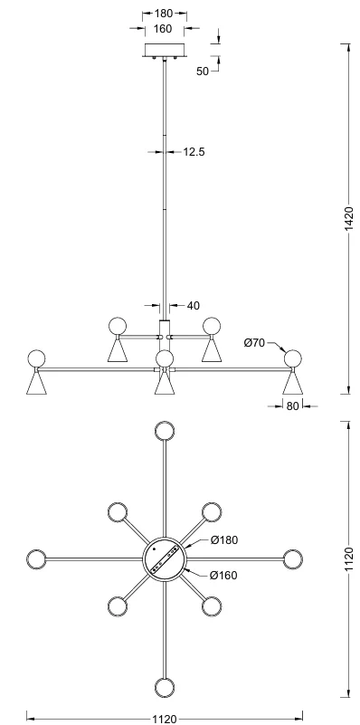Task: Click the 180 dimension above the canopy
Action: (164, 14)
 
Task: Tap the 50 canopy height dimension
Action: (203, 72)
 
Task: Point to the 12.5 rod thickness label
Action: (194, 152)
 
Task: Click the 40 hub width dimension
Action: (194, 306)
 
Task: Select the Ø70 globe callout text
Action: (253, 343)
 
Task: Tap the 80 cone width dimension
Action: (292, 406)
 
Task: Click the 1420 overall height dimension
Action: (350, 219)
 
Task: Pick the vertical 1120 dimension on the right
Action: (349, 559)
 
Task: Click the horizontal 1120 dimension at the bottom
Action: (164, 719)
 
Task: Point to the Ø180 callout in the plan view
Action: (224, 540)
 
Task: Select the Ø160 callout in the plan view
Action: (223, 575)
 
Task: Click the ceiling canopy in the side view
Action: (165, 50)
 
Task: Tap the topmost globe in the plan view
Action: (165, 431)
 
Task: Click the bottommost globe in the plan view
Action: (165, 688)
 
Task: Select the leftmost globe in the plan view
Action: (36, 559)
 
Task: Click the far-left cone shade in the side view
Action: (36, 383)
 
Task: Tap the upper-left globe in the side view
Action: (117, 326)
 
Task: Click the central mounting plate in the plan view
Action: (165, 559)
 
